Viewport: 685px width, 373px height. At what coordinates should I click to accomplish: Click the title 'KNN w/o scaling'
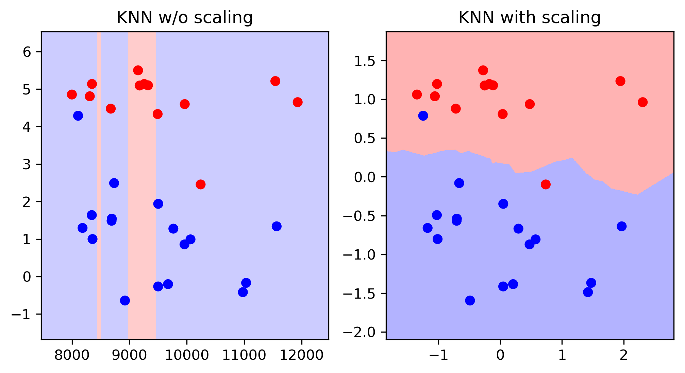[185, 18]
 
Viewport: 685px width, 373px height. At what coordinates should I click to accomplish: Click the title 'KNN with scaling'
[530, 18]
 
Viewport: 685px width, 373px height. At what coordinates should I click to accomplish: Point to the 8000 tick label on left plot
[72, 355]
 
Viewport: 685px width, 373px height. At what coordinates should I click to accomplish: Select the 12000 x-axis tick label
[301, 355]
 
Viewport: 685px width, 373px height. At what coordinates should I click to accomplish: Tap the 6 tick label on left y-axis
[27, 52]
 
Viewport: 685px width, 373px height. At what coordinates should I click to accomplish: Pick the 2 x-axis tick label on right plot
[624, 355]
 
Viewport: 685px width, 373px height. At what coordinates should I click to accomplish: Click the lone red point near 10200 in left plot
[201, 184]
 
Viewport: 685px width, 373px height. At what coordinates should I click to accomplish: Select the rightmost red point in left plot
[298, 102]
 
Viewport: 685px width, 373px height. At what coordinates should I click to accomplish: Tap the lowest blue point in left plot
[125, 301]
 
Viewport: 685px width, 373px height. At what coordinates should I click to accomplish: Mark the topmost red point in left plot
[138, 70]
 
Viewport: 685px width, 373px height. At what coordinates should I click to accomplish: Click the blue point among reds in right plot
[423, 116]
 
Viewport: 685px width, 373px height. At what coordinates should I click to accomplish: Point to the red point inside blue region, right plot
[546, 184]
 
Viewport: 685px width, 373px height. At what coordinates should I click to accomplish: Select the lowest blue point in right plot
[470, 301]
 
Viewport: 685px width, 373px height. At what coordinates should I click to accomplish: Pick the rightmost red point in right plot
[642, 102]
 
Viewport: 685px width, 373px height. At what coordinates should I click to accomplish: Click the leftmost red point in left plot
[72, 94]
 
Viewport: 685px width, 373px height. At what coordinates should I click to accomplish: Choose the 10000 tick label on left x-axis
[186, 355]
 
